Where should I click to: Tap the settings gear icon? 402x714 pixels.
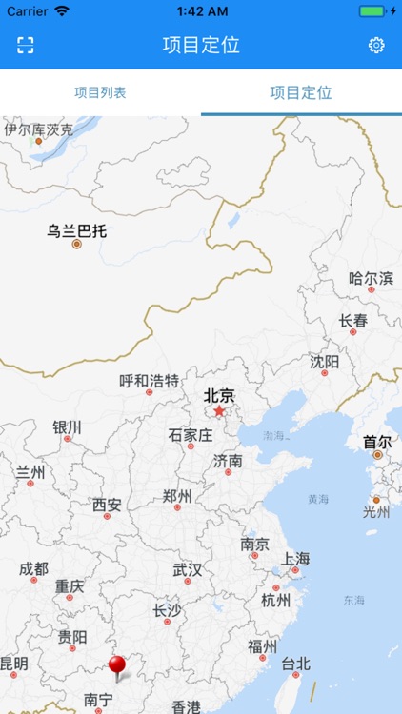[376, 46]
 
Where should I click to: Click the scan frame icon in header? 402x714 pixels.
[26, 46]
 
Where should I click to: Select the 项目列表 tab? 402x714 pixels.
[100, 93]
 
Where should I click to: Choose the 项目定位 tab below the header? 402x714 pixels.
[301, 93]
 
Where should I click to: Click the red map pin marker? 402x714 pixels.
[117, 666]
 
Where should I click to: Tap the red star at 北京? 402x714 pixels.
[219, 411]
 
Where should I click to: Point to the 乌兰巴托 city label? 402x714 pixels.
[77, 230]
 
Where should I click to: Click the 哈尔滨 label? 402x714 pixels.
[371, 279]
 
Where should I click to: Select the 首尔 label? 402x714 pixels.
[377, 442]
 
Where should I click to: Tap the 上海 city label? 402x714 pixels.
[295, 559]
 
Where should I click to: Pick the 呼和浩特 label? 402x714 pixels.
[149, 381]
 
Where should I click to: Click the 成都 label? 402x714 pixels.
[33, 569]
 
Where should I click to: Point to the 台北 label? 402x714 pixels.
[294, 664]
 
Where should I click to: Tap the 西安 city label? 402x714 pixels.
[107, 506]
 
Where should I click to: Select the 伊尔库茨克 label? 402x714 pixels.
[38, 129]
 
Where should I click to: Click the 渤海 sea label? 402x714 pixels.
[273, 435]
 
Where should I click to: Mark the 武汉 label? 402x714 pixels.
[187, 570]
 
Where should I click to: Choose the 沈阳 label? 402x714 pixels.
[324, 362]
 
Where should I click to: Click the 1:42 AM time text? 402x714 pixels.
[201, 10]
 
